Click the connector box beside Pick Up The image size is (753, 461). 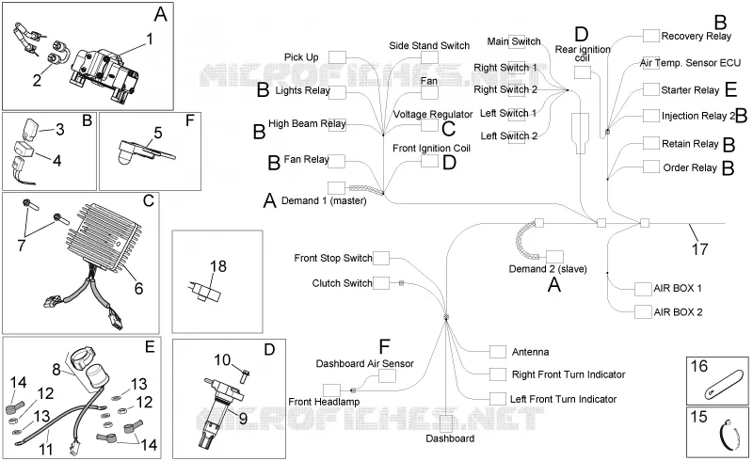[x=337, y=57]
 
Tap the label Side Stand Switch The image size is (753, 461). [x=429, y=45]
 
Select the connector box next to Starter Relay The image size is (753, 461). [x=650, y=89]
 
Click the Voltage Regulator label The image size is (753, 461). [x=433, y=114]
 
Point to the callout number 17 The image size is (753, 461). [x=699, y=249]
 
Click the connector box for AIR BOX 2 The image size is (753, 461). [x=643, y=311]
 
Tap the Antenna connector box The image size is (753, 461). [x=498, y=352]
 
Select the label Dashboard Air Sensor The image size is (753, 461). [x=364, y=363]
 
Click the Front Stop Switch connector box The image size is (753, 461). [x=381, y=258]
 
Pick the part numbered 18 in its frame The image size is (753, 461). [x=205, y=291]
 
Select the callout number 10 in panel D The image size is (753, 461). [x=222, y=359]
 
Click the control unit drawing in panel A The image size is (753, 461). [x=104, y=72]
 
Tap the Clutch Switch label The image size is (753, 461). [x=342, y=283]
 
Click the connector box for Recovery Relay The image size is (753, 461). [x=650, y=36]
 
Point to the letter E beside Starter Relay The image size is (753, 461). [x=730, y=89]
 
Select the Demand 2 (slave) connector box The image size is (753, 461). [x=554, y=257]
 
